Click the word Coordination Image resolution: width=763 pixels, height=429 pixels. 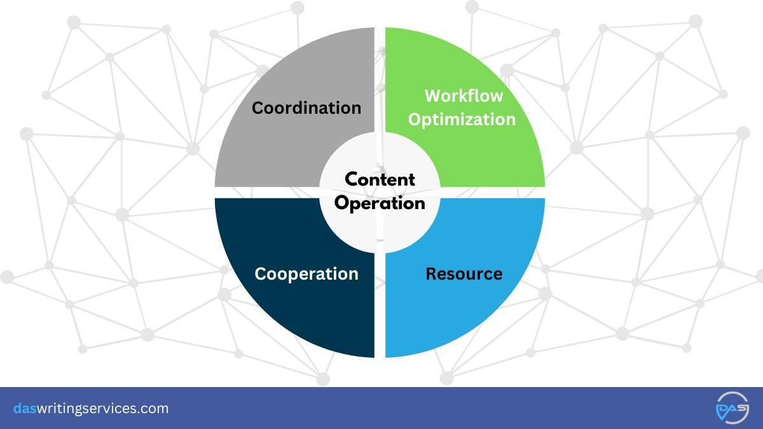[x=306, y=107]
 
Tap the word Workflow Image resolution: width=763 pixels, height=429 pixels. [x=464, y=96]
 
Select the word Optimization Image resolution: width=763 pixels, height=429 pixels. [x=462, y=119]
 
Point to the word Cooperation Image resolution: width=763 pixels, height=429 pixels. [x=306, y=274]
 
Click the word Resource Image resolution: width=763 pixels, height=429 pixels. [x=464, y=274]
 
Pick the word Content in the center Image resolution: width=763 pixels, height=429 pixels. [x=380, y=180]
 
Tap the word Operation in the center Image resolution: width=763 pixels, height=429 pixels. [x=380, y=203]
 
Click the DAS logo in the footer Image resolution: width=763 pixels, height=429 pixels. [x=732, y=408]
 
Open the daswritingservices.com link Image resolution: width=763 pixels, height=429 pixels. [x=91, y=409]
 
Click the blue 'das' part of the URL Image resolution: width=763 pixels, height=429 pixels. [x=24, y=409]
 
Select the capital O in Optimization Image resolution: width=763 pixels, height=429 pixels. [x=414, y=119]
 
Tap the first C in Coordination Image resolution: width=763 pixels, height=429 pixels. [x=258, y=108]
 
